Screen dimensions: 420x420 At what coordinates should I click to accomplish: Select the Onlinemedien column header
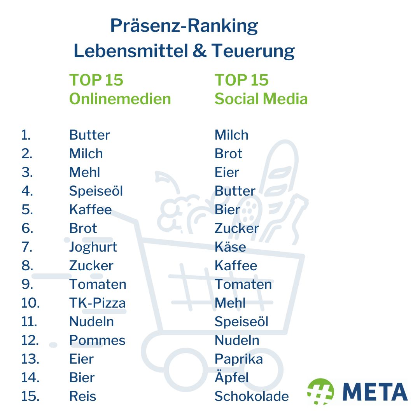coord(120,99)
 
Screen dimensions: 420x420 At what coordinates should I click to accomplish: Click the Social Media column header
coord(261,99)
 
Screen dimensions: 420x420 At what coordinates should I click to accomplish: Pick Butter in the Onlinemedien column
coord(89,135)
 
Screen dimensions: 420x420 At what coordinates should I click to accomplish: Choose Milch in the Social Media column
coord(231,135)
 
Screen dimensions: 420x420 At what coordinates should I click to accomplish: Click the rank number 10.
coord(30,303)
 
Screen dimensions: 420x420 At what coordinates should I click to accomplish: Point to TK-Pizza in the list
coord(97,303)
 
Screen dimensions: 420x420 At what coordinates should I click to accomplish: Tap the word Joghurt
coord(93,247)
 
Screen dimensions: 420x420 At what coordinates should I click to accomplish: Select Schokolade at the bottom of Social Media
coord(252,396)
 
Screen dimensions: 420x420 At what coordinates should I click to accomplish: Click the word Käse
coord(230,247)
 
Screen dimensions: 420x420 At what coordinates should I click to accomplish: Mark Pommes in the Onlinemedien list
coord(97,340)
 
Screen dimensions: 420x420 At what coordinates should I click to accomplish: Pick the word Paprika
coord(238,359)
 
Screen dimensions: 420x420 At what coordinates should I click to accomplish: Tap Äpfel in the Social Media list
coord(231,377)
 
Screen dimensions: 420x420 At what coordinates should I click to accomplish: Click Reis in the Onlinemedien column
coord(82,396)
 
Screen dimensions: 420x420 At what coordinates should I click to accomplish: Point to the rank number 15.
coord(30,396)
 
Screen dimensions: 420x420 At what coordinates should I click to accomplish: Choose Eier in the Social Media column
coord(227,172)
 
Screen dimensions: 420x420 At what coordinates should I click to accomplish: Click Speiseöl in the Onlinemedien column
coord(96,191)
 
